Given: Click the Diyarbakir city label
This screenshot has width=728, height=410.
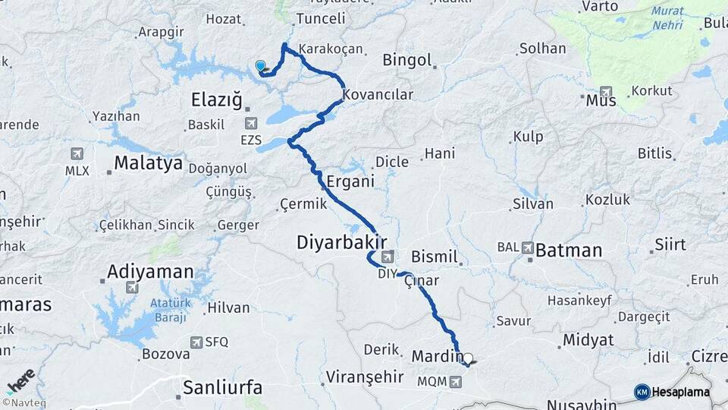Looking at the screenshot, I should [x=336, y=242].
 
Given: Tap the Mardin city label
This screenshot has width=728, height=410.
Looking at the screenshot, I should [x=437, y=355].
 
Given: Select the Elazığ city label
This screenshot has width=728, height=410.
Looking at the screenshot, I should [x=216, y=99].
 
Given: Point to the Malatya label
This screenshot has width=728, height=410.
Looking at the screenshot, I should [x=148, y=162].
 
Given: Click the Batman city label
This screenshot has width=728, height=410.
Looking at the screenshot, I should [x=569, y=250].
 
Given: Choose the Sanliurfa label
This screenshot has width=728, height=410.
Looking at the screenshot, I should [x=223, y=387].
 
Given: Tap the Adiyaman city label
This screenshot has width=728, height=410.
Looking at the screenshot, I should [x=150, y=271].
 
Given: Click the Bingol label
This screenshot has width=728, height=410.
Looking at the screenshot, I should [x=407, y=59].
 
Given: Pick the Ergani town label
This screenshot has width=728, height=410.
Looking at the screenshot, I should [x=351, y=181].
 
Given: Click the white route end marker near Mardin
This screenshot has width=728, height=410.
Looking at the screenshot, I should [x=468, y=359].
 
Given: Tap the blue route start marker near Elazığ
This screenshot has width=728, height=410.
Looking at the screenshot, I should [x=261, y=66].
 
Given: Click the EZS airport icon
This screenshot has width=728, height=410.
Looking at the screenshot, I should [x=251, y=122].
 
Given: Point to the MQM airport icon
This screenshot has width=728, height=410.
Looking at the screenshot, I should [x=454, y=381].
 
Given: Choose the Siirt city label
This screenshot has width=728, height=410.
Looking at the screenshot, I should [x=671, y=244].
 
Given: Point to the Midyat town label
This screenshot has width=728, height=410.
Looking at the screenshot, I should [x=587, y=339].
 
